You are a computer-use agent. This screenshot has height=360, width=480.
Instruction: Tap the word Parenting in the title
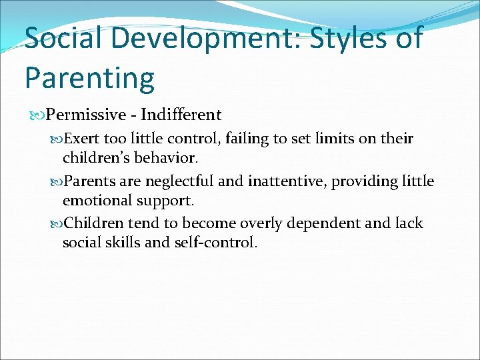[x=89, y=77]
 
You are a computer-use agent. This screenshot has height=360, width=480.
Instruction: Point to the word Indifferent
[x=181, y=115]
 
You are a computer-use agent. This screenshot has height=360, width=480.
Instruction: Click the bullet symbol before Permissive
[x=39, y=115]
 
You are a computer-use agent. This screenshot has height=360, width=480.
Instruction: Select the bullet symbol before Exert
[x=56, y=139]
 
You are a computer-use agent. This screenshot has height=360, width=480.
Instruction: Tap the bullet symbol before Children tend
[x=56, y=223]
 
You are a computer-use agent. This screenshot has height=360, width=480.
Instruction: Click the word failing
[x=249, y=139]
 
